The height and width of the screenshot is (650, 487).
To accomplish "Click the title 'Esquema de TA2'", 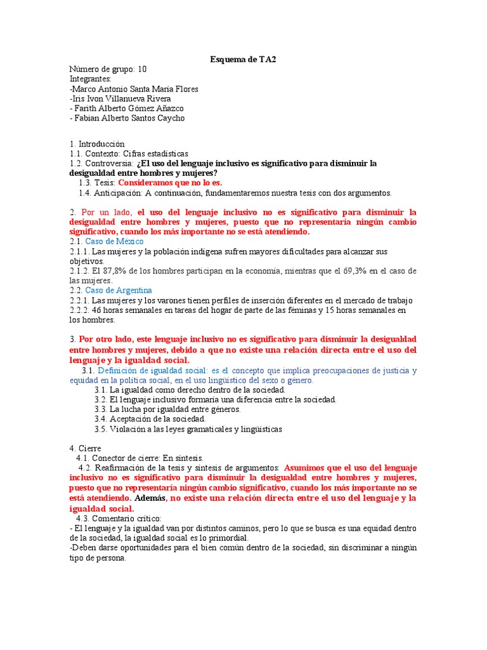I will pyautogui.click(x=243, y=60).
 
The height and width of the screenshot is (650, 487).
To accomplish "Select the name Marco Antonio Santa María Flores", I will pyautogui.click(x=135, y=89).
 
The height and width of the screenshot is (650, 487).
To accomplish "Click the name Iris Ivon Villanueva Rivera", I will pyautogui.click(x=120, y=98).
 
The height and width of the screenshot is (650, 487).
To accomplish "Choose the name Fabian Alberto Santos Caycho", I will pyautogui.click(x=129, y=117).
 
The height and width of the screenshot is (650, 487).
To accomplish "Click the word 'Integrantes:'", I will pyautogui.click(x=91, y=79).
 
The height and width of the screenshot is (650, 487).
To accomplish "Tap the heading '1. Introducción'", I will pyautogui.click(x=97, y=144).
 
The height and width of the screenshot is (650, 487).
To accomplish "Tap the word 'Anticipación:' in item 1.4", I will pyautogui.click(x=117, y=192).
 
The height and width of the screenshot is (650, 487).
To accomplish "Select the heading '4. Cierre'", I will pyautogui.click(x=86, y=448).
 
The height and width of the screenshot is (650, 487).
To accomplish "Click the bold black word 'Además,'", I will pyautogui.click(x=151, y=498).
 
